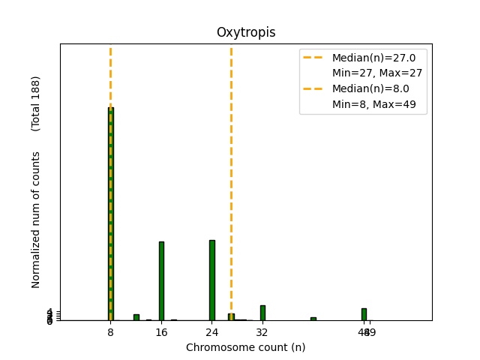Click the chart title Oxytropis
246,32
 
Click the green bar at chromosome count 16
161,280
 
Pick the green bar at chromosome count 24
212,280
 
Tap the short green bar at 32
262,313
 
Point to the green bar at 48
364,314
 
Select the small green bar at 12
136,317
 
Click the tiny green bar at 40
313,319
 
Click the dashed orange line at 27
231,180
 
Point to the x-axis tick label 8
111,331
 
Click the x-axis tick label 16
161,331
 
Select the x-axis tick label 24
212,331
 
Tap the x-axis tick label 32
262,331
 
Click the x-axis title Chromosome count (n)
246,347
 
